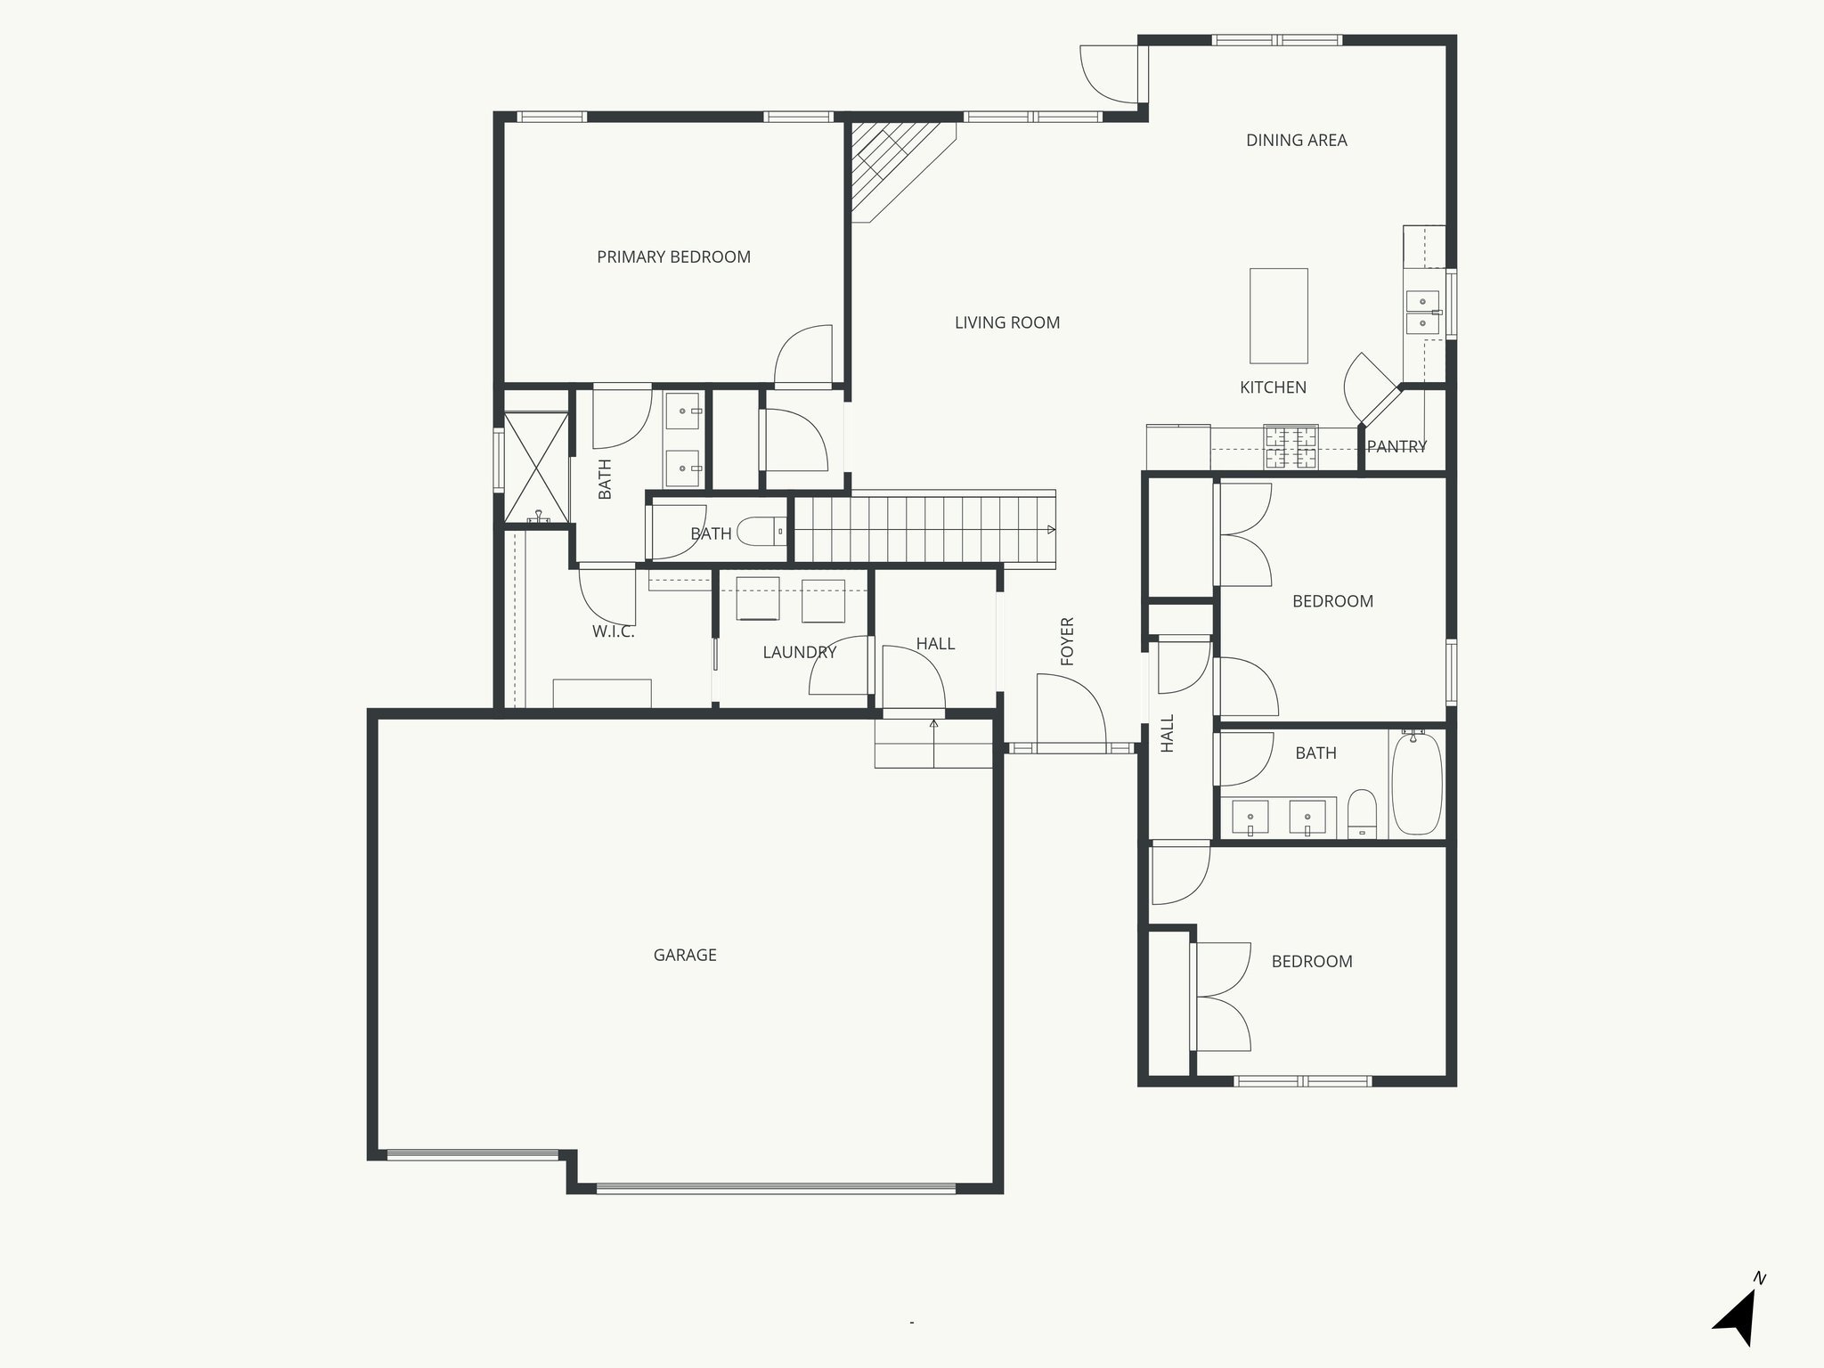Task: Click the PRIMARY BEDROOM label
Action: [673, 257]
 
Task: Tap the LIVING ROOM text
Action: [1007, 322]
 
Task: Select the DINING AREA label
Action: [1296, 140]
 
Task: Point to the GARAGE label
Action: [685, 955]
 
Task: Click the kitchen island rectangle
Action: [1279, 315]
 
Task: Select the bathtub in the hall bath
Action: [1416, 784]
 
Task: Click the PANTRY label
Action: [1396, 446]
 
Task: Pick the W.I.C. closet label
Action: [613, 632]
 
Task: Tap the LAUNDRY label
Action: [799, 652]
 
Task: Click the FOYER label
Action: [1068, 641]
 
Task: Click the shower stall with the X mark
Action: [536, 467]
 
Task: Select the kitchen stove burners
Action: [1291, 448]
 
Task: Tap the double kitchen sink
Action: [1421, 312]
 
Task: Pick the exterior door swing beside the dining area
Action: [1109, 75]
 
